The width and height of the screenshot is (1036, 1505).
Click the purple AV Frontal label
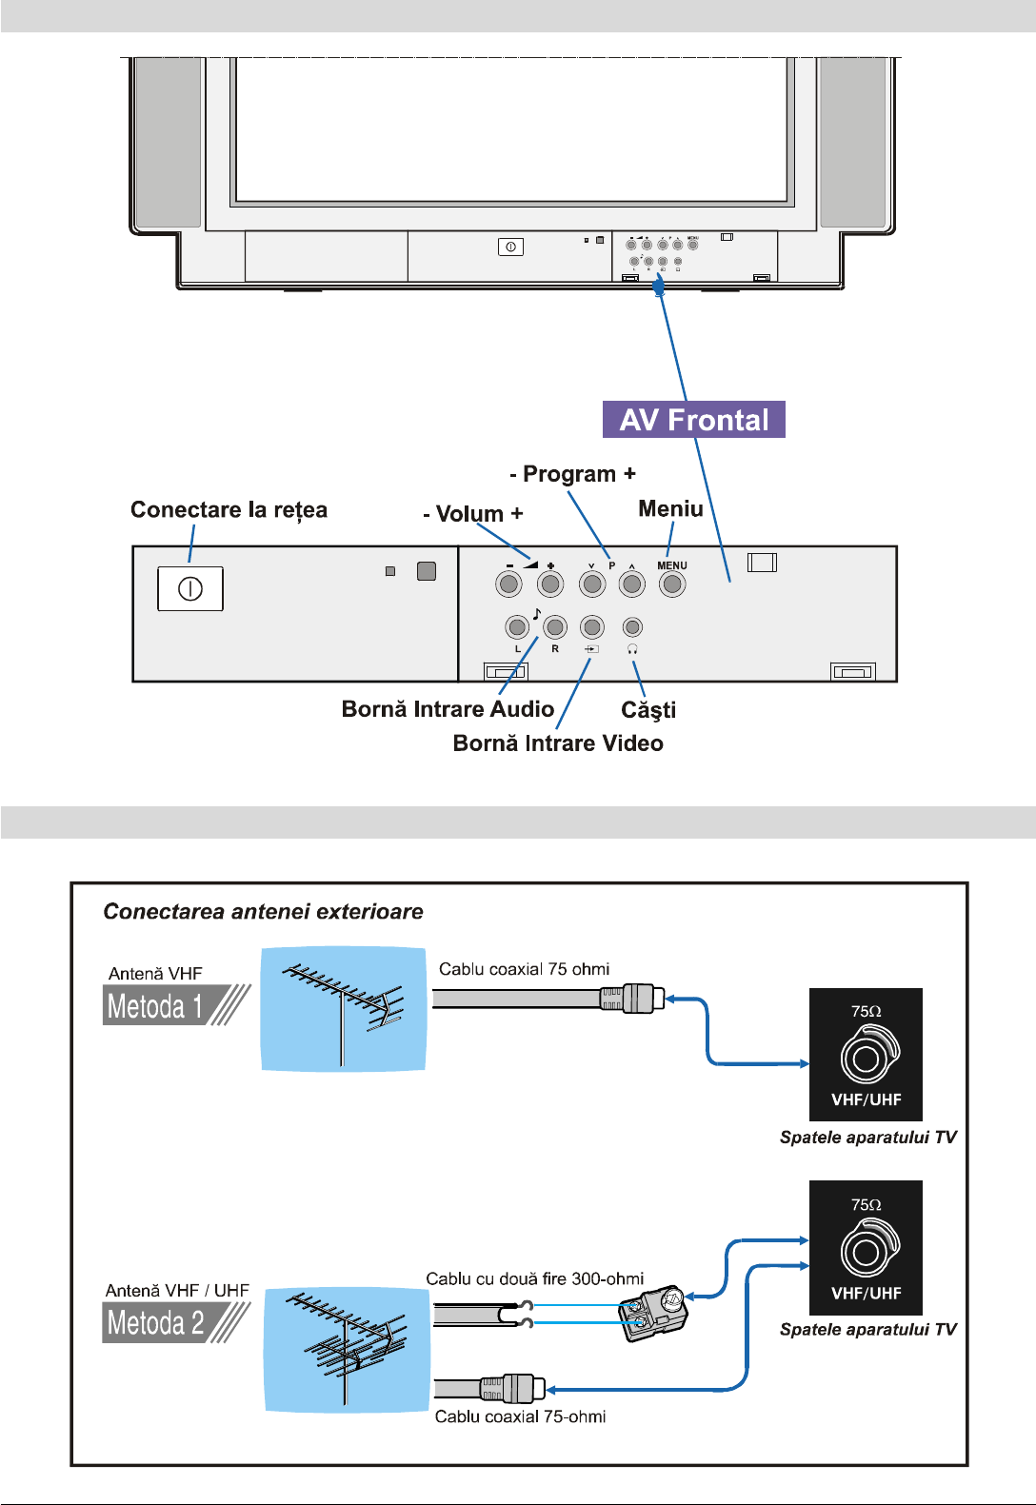click(694, 420)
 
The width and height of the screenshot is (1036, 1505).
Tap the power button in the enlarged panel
click(190, 588)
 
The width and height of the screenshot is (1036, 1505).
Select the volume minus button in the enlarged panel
click(509, 584)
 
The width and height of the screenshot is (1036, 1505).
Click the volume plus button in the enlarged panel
click(550, 584)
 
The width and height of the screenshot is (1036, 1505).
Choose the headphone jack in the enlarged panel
click(632, 627)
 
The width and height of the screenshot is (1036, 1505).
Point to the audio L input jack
click(517, 627)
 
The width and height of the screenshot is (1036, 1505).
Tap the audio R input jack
click(555, 627)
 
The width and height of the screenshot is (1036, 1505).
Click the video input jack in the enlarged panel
click(592, 627)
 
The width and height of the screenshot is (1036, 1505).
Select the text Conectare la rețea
click(229, 510)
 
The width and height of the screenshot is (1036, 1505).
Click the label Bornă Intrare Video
click(558, 743)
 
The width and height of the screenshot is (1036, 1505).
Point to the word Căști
click(648, 710)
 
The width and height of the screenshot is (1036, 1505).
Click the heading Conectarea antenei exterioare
click(263, 912)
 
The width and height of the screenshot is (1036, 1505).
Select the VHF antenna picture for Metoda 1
click(343, 1009)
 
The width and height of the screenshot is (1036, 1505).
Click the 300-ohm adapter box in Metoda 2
click(653, 1313)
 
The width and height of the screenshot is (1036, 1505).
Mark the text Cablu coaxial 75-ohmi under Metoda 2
click(520, 1416)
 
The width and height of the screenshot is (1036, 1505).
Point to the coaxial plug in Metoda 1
click(632, 999)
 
